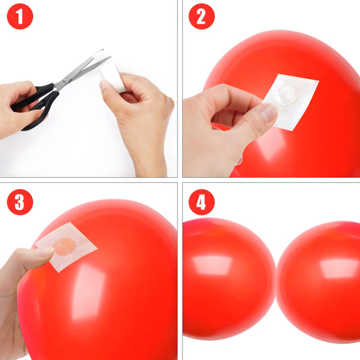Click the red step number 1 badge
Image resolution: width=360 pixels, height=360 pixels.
(x=20, y=17)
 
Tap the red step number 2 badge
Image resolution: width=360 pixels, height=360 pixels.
(x=201, y=17)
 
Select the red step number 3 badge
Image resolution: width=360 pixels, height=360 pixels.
(x=20, y=201)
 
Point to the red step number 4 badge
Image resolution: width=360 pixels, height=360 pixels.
(x=201, y=201)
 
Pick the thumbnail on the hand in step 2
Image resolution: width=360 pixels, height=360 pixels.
(x=268, y=113)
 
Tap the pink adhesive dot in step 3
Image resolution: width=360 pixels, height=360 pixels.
(x=64, y=246)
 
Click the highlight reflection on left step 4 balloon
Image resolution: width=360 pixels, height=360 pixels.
(x=213, y=265)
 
